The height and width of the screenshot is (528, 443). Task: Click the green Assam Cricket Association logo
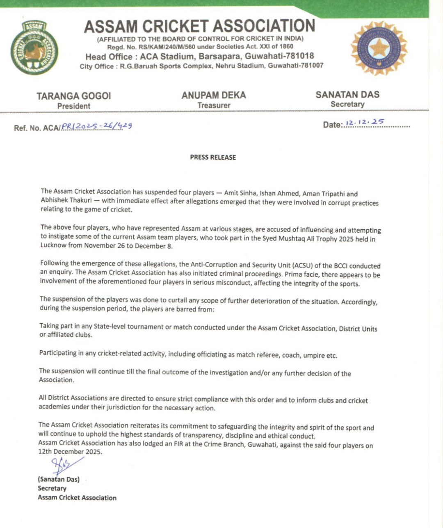point(34,48)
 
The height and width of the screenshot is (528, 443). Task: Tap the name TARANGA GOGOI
point(73,96)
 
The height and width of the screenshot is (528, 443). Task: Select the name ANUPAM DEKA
point(214,95)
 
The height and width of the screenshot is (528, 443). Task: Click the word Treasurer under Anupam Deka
point(214,105)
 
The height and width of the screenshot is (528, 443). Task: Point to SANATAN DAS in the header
point(347,94)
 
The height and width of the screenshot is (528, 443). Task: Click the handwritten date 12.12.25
point(365,122)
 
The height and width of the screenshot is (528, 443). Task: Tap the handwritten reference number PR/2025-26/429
point(97,126)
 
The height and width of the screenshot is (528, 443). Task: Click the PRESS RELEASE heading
point(213,157)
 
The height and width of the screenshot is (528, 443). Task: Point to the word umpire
point(314,355)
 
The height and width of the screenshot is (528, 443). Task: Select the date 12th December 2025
point(70,452)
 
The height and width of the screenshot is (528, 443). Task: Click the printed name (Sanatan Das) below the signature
point(59,479)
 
